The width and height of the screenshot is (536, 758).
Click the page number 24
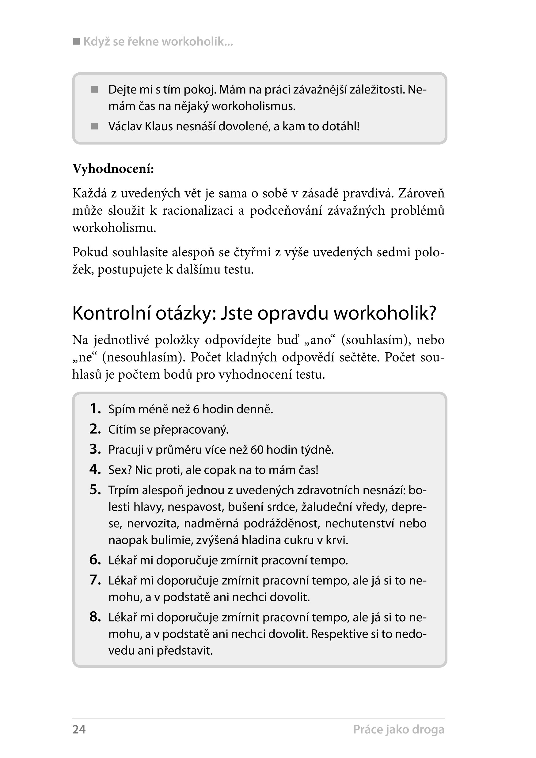(x=79, y=729)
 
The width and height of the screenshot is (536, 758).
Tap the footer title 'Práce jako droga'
(x=398, y=729)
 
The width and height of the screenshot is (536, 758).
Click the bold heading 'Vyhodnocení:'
(x=113, y=169)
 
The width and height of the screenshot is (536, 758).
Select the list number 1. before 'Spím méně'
(x=95, y=409)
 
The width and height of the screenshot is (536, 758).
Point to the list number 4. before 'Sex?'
(x=95, y=469)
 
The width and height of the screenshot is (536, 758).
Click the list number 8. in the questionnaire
(x=95, y=617)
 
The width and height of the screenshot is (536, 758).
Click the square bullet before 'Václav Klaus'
(x=95, y=126)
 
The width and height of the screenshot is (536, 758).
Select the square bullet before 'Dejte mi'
(x=95, y=90)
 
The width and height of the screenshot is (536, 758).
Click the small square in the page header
(x=76, y=42)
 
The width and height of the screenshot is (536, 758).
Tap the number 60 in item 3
(x=257, y=450)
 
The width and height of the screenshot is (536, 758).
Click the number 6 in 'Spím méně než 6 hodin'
(x=196, y=409)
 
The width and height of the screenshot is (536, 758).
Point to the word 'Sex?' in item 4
(x=120, y=470)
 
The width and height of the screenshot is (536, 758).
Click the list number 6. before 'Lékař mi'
(x=95, y=560)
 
